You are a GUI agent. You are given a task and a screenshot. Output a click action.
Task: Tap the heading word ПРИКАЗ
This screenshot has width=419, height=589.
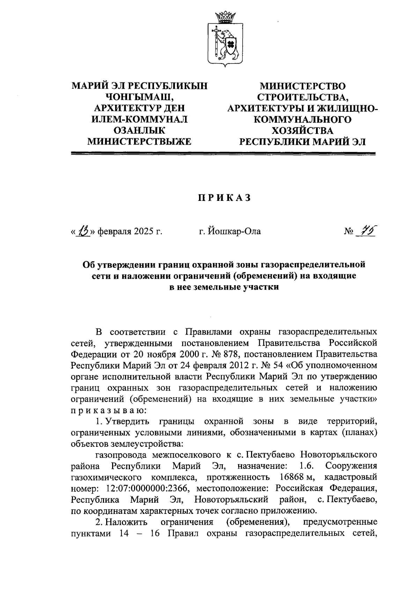(x=225, y=198)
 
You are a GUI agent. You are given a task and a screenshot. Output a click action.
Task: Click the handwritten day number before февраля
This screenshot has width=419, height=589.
(x=84, y=231)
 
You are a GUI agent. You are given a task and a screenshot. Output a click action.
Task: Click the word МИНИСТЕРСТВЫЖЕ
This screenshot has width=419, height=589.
(x=139, y=142)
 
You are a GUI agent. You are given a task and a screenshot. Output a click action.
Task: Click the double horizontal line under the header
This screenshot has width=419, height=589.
(x=223, y=153)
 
